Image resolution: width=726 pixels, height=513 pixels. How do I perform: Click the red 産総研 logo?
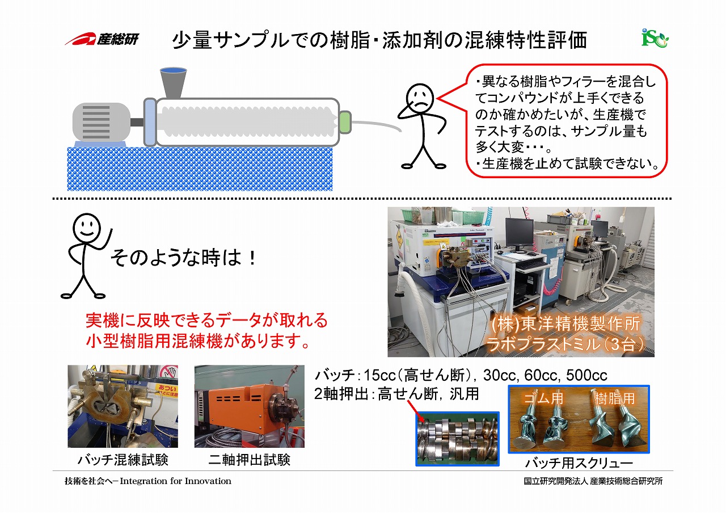point(102,40)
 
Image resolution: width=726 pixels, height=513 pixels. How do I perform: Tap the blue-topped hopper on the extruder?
point(174,83)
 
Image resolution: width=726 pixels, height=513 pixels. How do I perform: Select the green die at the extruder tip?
point(345,121)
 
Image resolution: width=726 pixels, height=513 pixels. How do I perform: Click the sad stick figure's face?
point(420,97)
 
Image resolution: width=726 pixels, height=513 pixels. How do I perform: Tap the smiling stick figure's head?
point(87,227)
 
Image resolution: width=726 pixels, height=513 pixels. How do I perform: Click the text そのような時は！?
point(183,258)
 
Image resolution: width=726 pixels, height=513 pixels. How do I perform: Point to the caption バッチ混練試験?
point(123,460)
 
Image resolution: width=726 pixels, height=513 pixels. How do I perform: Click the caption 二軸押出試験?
point(249,460)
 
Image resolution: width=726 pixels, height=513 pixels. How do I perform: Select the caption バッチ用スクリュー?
point(579,463)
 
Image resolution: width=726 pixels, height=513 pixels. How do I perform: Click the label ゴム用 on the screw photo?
point(543,398)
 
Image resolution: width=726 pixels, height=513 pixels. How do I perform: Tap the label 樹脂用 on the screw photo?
point(614,398)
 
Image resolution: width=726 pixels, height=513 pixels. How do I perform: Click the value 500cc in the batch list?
point(586,375)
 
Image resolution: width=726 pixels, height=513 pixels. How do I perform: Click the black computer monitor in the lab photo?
point(519,232)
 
